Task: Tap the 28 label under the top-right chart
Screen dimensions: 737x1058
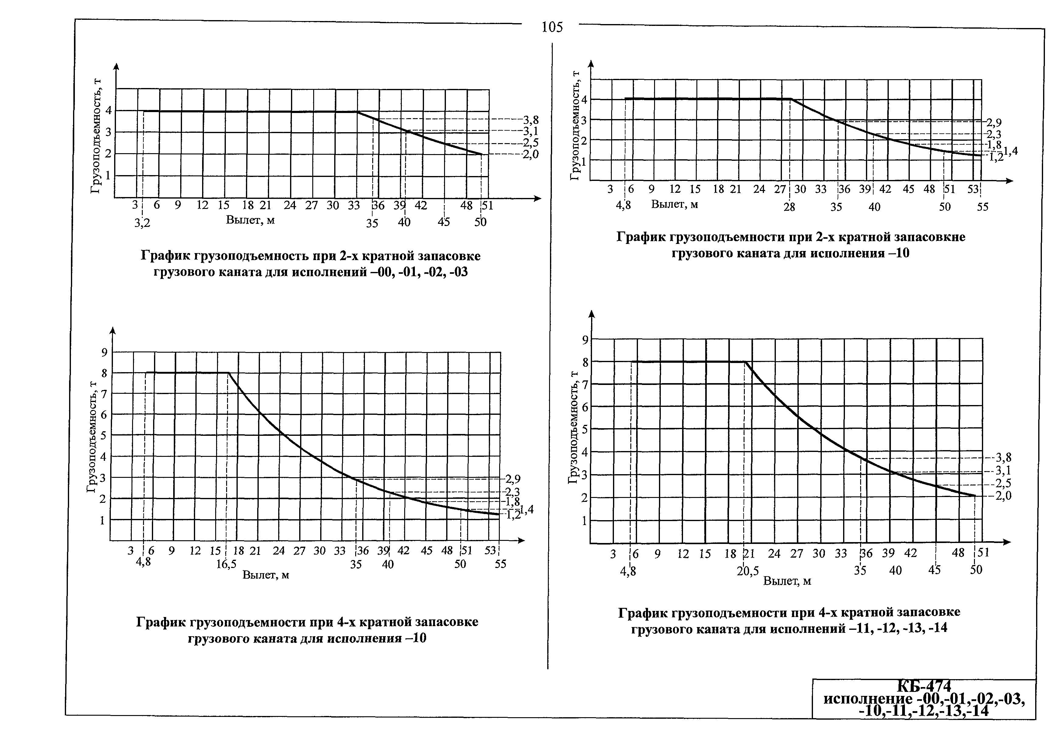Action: click(x=789, y=207)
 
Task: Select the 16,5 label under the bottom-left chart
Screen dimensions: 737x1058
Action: click(x=226, y=564)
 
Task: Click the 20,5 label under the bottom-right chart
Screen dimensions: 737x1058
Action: click(x=748, y=571)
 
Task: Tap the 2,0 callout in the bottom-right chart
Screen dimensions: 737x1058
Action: click(x=1003, y=496)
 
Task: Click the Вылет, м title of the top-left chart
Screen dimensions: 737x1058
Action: click(x=250, y=220)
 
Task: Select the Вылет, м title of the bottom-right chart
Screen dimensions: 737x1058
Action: click(x=787, y=581)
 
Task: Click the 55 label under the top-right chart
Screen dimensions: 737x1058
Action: click(x=983, y=207)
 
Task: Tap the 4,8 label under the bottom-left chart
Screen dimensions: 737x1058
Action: click(x=143, y=563)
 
